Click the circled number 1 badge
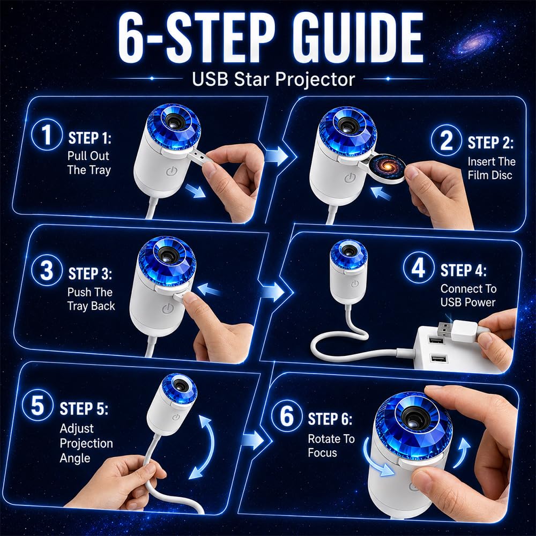(x=47, y=135)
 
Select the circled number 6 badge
(x=286, y=415)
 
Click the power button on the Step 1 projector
(x=171, y=171)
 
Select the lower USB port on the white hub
(x=438, y=359)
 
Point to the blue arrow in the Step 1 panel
(x=195, y=191)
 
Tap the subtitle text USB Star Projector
(x=273, y=79)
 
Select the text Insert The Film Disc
(x=491, y=168)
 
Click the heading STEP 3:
(x=90, y=274)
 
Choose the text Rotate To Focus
(x=331, y=445)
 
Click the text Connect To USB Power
(x=468, y=295)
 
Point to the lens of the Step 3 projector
(x=167, y=255)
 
